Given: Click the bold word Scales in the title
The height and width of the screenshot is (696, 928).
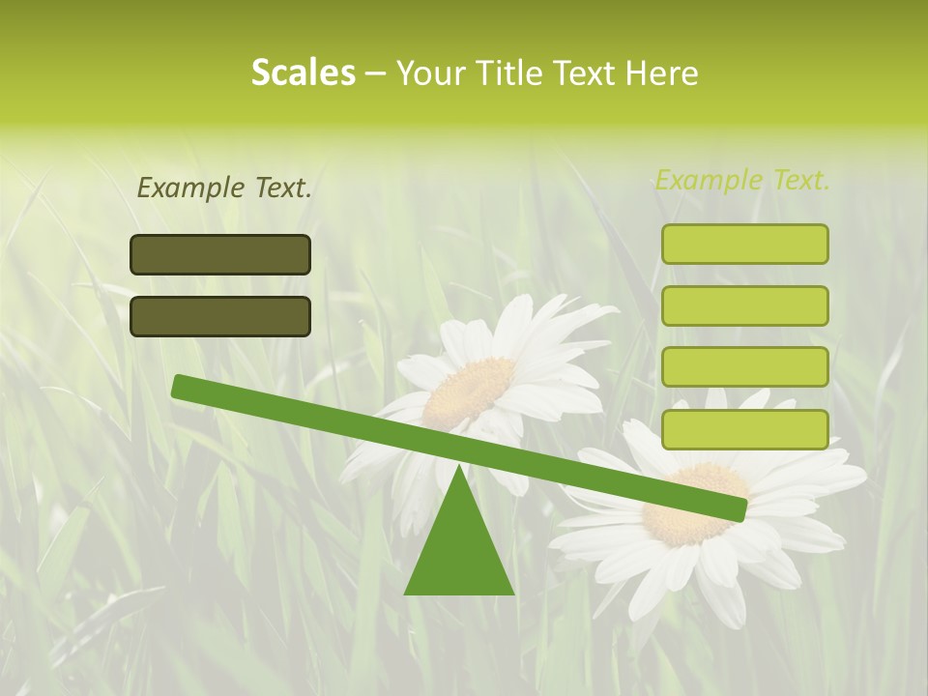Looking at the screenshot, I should pos(303,72).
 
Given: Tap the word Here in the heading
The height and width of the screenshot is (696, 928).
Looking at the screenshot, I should pos(662,72).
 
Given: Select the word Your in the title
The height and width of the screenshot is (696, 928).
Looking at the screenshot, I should pos(431,72).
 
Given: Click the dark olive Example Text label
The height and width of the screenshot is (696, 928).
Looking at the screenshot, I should pos(224,188).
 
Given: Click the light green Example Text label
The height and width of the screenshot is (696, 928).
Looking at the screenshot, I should pos(742,180).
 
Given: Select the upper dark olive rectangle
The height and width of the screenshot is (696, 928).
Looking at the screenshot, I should pos(220,254).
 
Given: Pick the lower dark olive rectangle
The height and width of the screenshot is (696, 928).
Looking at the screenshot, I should pos(220,316).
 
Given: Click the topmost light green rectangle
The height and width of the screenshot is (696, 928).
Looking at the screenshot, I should pos(745,244).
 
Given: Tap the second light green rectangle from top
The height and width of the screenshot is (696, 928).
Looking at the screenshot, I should pos(745,305).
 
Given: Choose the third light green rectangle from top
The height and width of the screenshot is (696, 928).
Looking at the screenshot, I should pos(745,367).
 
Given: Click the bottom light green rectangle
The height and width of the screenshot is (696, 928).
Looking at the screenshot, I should pos(745,429).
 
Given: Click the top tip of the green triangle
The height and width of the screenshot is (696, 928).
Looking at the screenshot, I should pos(459,468).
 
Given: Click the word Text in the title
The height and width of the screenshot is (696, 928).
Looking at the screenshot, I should pos(587,72).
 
